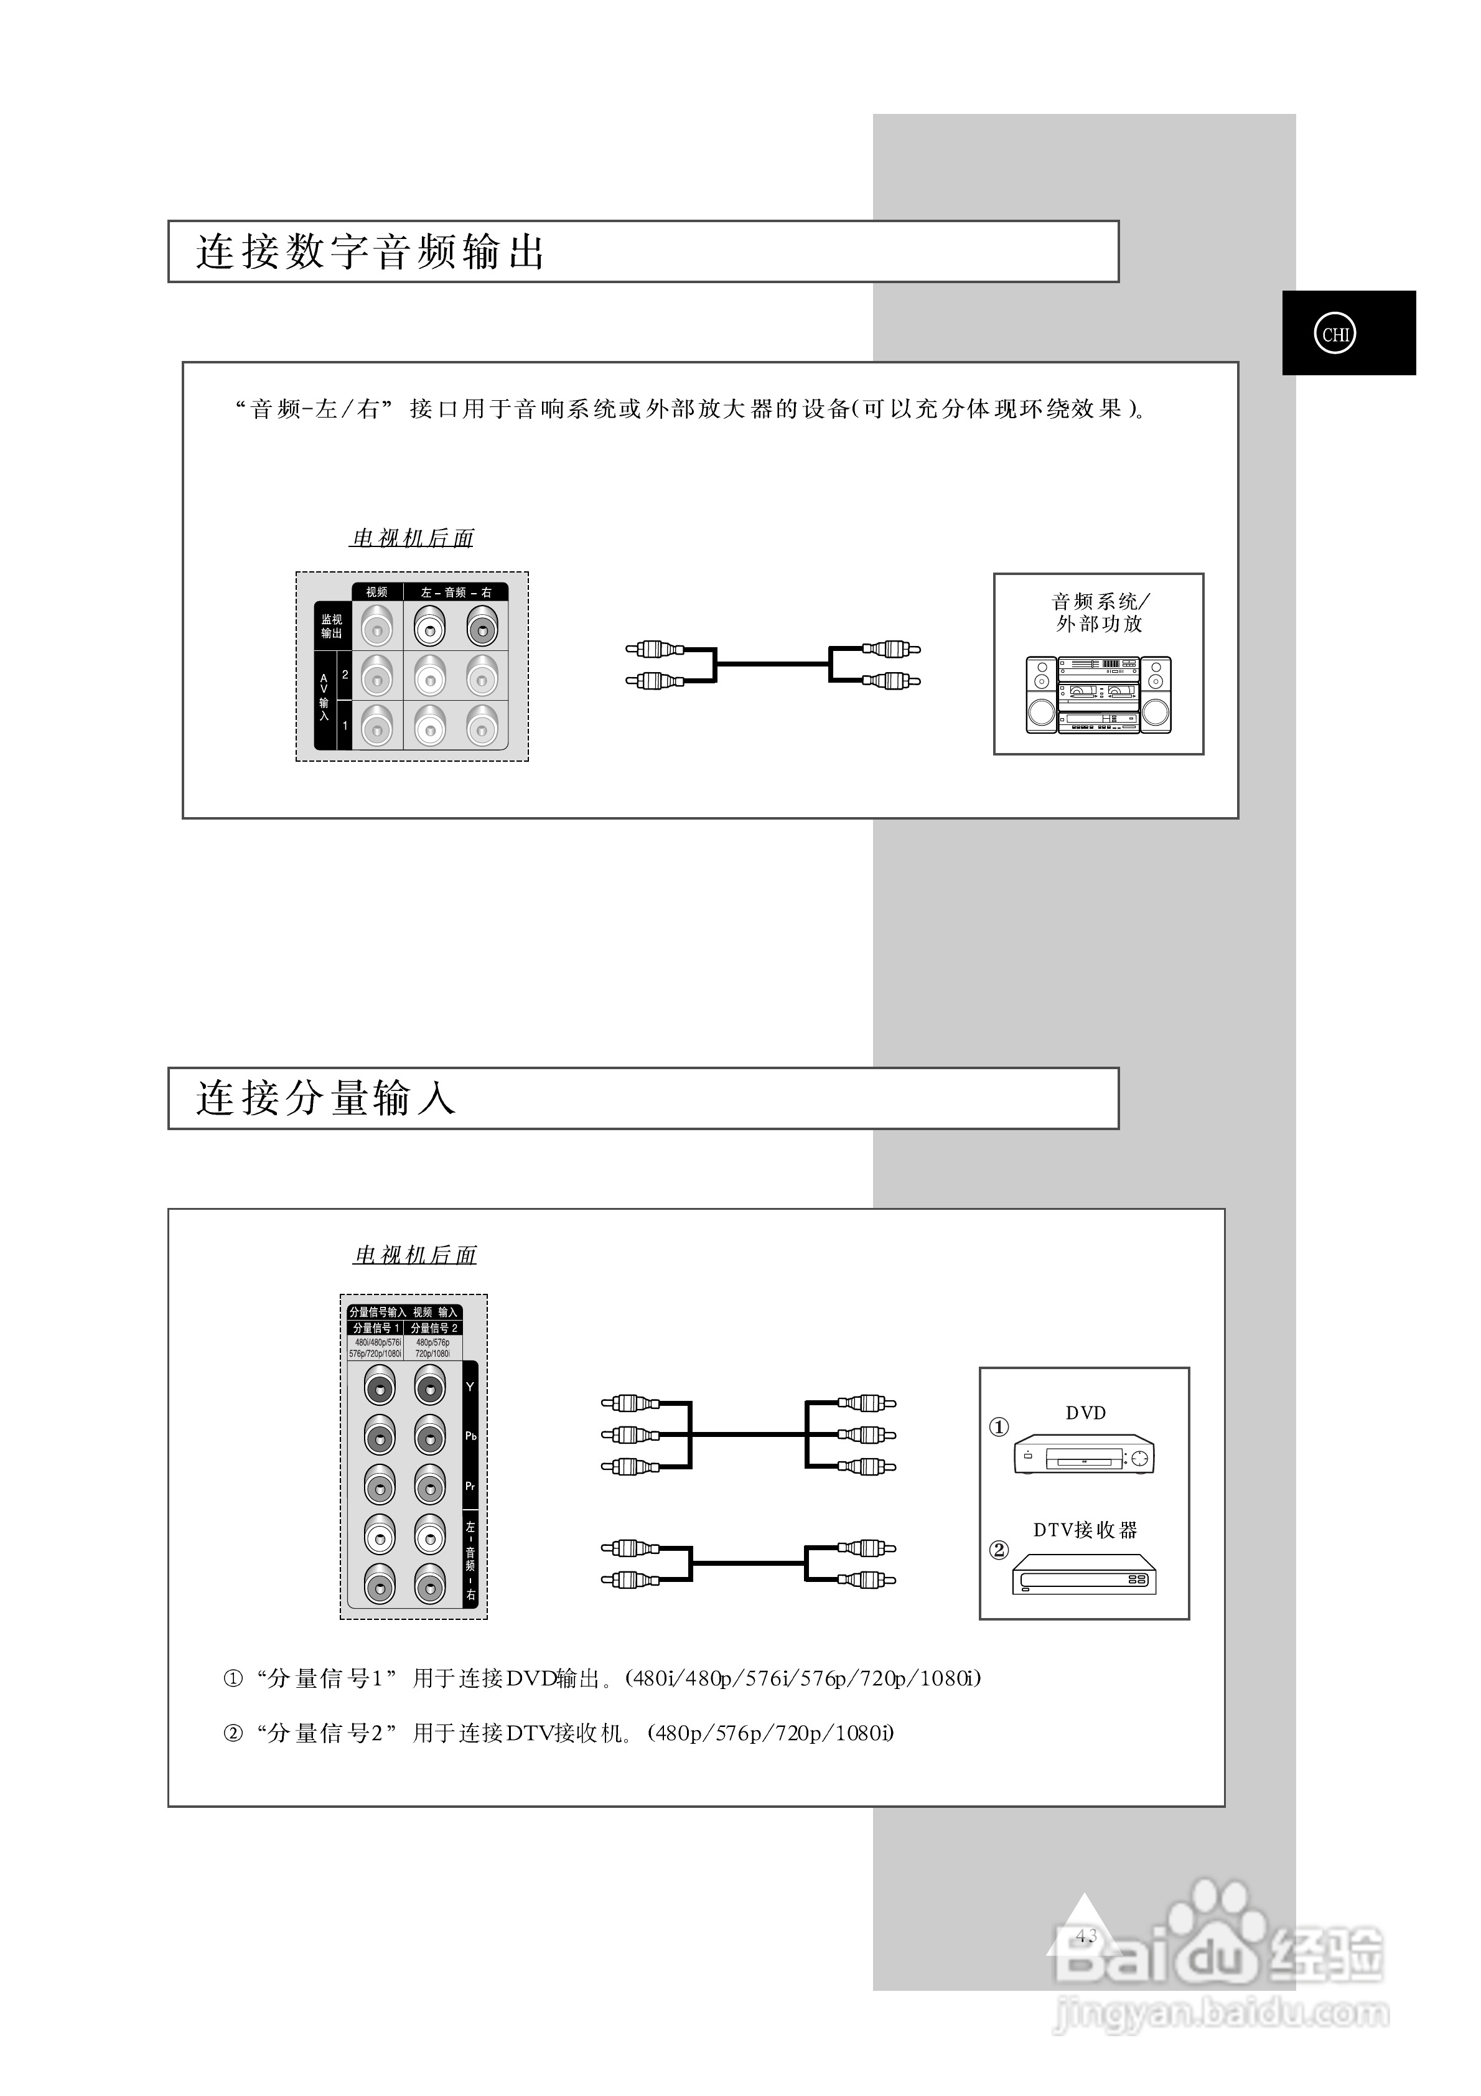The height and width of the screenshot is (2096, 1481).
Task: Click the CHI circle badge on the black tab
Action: coord(1334,334)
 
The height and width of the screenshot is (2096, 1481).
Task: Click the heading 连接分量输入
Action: coord(326,1098)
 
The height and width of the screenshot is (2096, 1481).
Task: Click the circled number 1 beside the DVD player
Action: coord(999,1427)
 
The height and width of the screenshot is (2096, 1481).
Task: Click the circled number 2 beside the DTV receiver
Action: coord(999,1549)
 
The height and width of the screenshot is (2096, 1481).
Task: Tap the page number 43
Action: coord(1086,1935)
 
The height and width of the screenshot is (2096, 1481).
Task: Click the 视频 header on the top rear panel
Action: coord(376,592)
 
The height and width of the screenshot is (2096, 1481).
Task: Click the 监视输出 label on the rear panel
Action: coord(330,626)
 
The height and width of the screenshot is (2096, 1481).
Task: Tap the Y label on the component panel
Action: coord(470,1387)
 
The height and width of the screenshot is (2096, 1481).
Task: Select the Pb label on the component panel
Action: coord(470,1436)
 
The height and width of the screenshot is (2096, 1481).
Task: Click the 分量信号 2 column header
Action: coord(434,1328)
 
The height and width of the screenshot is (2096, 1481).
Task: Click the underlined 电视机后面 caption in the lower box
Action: coord(416,1255)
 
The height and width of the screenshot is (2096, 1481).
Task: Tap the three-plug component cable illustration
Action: coord(748,1434)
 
